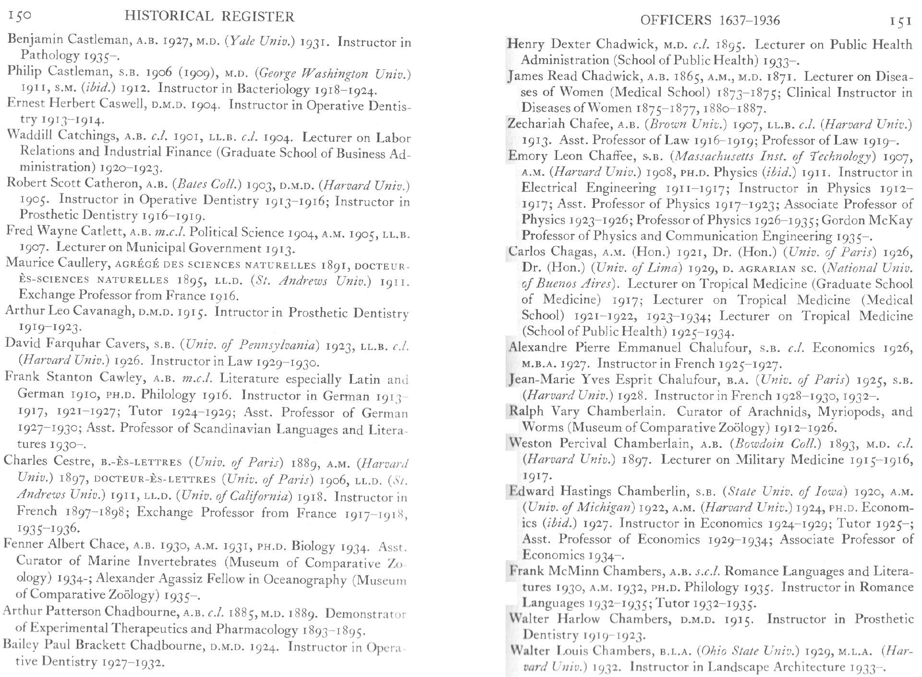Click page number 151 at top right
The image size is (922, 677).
[900, 21]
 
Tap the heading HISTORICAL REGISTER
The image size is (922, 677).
[209, 17]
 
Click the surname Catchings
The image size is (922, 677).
[86, 136]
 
